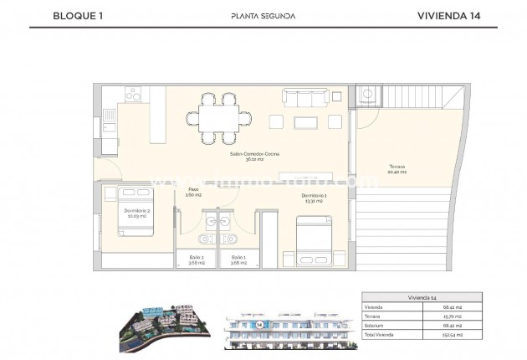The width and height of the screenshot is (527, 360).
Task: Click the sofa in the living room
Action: point(307,99)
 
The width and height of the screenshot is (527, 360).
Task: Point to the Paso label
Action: point(193,191)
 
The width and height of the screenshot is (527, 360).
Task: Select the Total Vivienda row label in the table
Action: point(380,333)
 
